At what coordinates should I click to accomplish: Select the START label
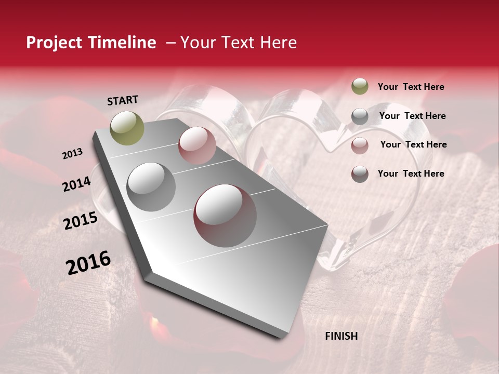(x=123, y=100)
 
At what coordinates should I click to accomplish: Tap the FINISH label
(x=341, y=336)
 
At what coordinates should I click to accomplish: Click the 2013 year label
(x=72, y=154)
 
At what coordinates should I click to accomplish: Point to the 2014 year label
(x=76, y=184)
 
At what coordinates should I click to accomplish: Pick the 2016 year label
(x=88, y=262)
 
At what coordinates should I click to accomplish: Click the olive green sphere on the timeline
(x=127, y=128)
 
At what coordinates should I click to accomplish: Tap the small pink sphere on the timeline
(x=197, y=145)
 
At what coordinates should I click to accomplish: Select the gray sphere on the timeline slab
(x=151, y=186)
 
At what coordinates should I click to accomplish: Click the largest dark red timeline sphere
(x=225, y=216)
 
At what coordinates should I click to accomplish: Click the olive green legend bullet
(x=360, y=87)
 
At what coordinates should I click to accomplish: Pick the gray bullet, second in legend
(x=360, y=116)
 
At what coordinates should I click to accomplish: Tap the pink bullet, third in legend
(x=360, y=145)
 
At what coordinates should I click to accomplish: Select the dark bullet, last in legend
(x=360, y=174)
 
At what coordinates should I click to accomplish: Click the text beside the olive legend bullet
(x=411, y=87)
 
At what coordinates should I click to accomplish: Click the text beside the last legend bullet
(x=411, y=173)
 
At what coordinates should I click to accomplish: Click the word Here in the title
(x=278, y=43)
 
